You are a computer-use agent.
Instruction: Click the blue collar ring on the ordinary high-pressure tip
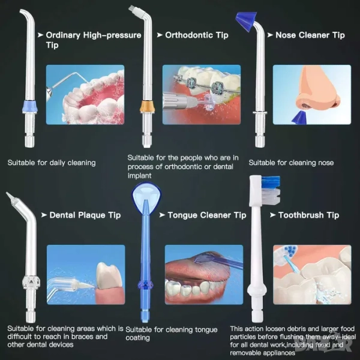pos(30,106)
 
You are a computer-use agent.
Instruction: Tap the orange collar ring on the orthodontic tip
pos(147,106)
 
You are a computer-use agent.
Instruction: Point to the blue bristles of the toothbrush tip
pos(271,182)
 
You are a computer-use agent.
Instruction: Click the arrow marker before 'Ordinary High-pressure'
pos(40,35)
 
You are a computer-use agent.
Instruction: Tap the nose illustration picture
pos(312,95)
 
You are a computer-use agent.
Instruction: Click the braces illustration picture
pos(202,95)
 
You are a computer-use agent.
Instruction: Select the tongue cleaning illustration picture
pos(204,275)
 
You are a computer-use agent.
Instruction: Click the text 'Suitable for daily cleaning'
pos(52,163)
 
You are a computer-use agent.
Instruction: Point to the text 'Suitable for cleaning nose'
pos(291,163)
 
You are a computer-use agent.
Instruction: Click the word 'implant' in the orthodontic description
pos(139,176)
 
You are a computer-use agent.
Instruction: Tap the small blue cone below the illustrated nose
pos(299,118)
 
